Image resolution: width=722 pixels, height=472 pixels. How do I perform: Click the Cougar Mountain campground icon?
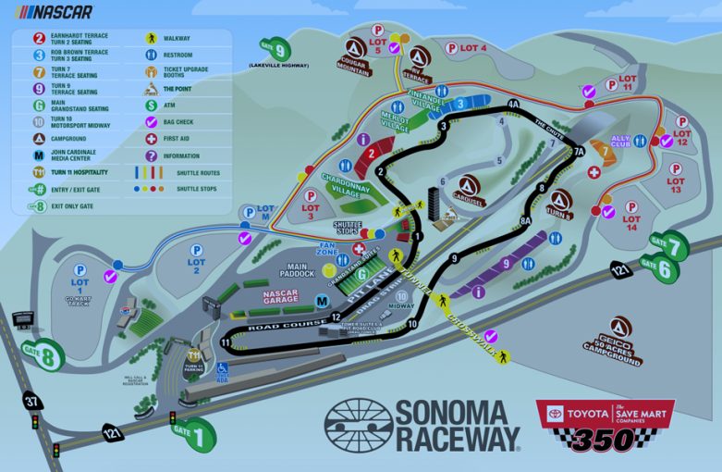pos(352,48)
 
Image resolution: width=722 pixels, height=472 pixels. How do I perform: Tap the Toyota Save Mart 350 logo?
pos(606,425)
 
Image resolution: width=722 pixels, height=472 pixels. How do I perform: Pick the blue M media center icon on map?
pos(321,301)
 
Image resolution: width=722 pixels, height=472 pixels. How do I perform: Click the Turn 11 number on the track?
pos(226,342)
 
